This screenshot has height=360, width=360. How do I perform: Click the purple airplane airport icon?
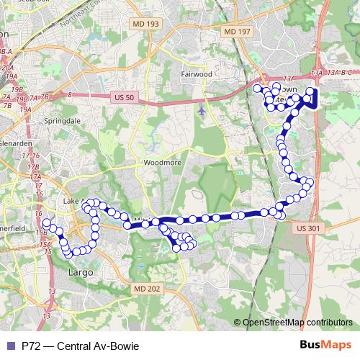[201, 111]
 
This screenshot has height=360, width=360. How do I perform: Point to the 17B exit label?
[33, 167]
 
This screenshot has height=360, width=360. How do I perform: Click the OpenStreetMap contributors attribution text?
[297, 322]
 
